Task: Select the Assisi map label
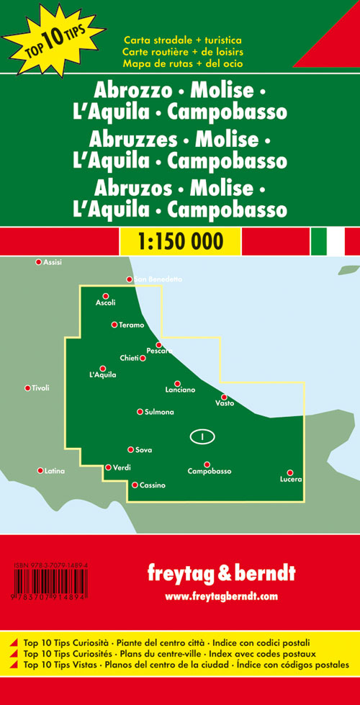pos(53,262)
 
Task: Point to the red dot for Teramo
pos(114,325)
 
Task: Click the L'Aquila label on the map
pos(102,375)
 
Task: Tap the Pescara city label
pos(159,351)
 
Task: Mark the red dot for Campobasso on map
pos(207,464)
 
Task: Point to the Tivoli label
pos(40,388)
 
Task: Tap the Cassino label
pos(153,485)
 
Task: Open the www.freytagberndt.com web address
pos(220,597)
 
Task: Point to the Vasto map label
pos(225,403)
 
